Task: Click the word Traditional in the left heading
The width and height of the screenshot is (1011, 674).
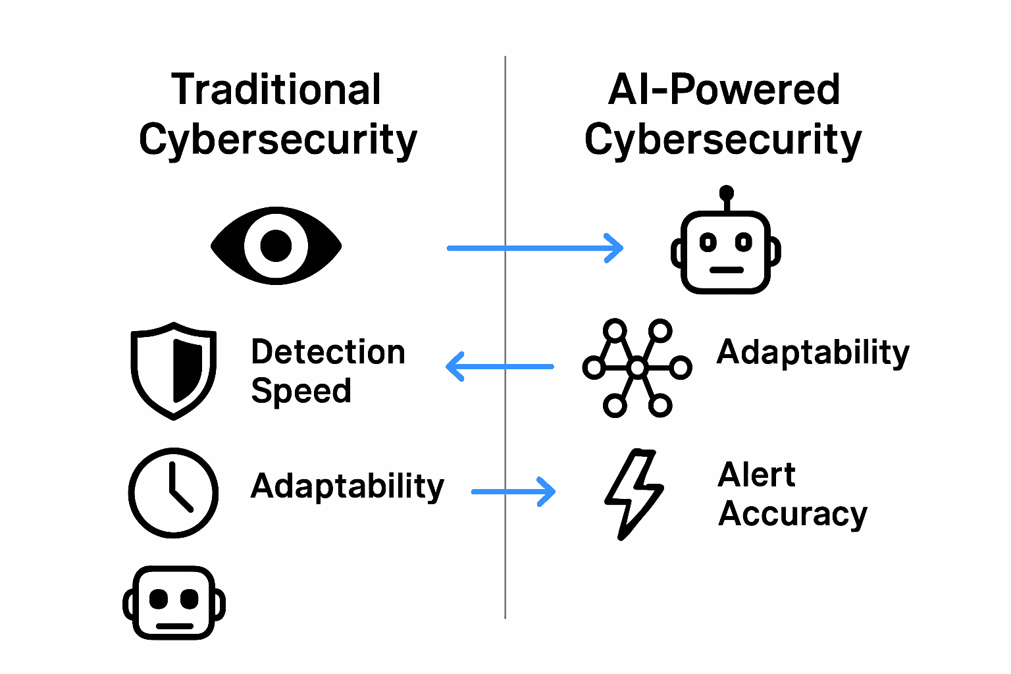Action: [x=276, y=90]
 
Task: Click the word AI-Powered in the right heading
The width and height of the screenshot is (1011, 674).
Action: [x=723, y=90]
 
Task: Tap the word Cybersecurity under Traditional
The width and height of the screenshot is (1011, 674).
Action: [x=278, y=140]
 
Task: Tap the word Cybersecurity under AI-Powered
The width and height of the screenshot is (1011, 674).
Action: [x=723, y=140]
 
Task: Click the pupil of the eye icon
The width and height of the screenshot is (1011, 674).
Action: [x=276, y=246]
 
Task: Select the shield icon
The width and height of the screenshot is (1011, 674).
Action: [x=174, y=371]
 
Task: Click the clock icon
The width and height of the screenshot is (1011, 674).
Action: [x=174, y=492]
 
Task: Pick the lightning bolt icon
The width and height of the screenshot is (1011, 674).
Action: [x=633, y=494]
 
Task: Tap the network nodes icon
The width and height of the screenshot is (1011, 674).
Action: [x=636, y=368]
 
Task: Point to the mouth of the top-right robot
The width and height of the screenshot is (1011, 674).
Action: [x=727, y=270]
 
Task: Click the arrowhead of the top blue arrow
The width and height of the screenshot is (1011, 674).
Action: [x=615, y=248]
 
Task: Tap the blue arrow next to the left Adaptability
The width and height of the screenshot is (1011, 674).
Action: [x=514, y=492]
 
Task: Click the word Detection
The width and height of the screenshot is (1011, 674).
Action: [x=328, y=352]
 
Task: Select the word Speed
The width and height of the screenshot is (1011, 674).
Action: [x=301, y=392]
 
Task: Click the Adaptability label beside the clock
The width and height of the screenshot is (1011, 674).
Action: [x=348, y=487]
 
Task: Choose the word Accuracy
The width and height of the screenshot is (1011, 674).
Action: [x=792, y=515]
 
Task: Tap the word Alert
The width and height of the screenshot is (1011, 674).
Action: [x=756, y=475]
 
